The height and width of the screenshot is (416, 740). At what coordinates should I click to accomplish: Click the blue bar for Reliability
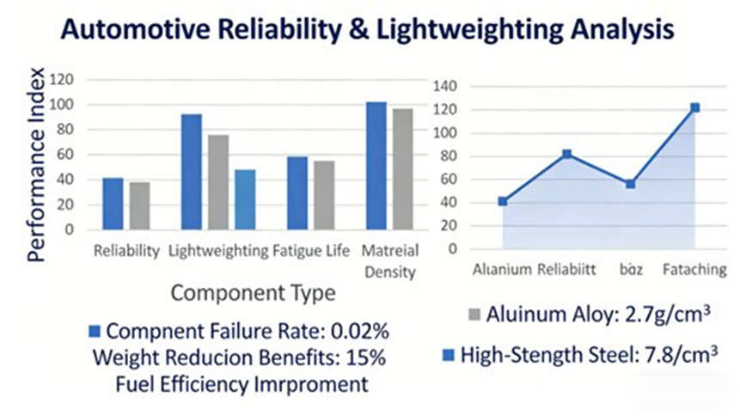pyautogui.click(x=113, y=204)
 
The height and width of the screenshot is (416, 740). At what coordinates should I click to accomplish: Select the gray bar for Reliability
pyautogui.click(x=140, y=206)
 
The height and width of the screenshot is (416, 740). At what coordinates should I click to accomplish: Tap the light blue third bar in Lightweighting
pyautogui.click(x=245, y=199)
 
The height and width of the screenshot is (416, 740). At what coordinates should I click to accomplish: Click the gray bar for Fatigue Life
pyautogui.click(x=324, y=195)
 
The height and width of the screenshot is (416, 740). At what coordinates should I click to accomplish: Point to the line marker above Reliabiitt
pyautogui.click(x=566, y=154)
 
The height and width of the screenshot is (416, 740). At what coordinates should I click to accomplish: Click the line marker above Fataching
pyautogui.click(x=694, y=107)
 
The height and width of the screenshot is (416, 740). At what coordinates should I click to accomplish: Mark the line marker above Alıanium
pyautogui.click(x=502, y=201)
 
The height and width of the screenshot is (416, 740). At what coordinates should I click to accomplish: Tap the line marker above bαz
pyautogui.click(x=630, y=184)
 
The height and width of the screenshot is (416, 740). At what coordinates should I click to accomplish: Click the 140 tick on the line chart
pyautogui.click(x=453, y=86)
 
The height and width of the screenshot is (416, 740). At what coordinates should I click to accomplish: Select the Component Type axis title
pyautogui.click(x=253, y=293)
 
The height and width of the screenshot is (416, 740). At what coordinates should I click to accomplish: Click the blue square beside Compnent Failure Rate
pyautogui.click(x=95, y=331)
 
